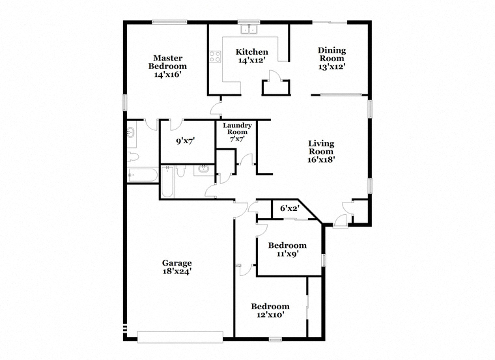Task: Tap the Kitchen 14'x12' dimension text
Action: [251, 60]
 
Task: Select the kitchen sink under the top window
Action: [249, 29]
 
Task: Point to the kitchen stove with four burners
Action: [216, 57]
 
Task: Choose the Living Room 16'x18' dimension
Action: [321, 159]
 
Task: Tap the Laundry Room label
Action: [237, 128]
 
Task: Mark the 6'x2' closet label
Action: [289, 208]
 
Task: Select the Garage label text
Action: [177, 263]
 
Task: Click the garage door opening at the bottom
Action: [180, 337]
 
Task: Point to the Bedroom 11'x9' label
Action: [287, 249]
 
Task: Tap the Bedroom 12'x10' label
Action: [270, 311]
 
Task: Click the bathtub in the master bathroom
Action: [143, 175]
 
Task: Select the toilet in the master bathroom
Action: [133, 156]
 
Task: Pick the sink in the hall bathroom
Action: [204, 169]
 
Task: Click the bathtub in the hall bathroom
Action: [167, 182]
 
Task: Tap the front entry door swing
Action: [340, 220]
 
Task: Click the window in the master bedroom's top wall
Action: [169, 21]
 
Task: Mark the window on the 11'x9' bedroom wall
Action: [323, 260]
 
